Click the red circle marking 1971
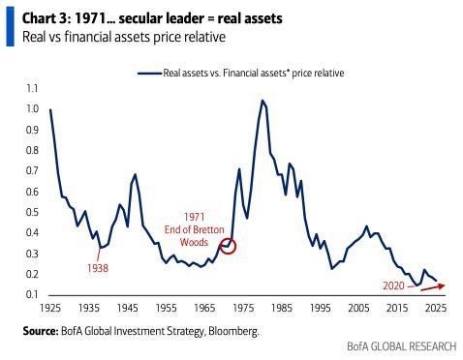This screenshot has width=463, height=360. coord(228,246)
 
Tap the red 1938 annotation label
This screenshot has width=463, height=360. coord(98,267)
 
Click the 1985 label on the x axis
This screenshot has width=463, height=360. coord(282,309)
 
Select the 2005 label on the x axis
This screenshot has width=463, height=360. coord(359,309)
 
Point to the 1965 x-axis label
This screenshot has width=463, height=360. coord(204,309)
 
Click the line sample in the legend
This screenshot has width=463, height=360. coord(149,73)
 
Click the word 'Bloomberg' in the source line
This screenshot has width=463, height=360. coord(232,330)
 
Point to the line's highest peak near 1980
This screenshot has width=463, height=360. coord(262,100)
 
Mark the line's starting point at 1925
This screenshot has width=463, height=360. coord(49,109)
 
